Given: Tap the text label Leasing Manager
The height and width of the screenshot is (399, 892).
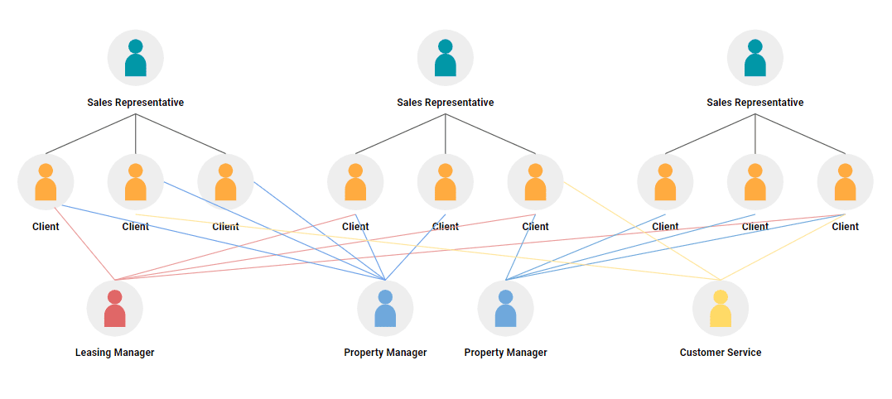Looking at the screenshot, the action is (115, 353).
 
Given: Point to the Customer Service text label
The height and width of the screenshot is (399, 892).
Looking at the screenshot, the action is (721, 353).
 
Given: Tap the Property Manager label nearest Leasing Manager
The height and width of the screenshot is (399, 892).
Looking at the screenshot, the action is (385, 353).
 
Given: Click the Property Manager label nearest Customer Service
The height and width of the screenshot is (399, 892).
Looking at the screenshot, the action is (506, 353).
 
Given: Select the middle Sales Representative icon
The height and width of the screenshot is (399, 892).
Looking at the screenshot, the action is (446, 58).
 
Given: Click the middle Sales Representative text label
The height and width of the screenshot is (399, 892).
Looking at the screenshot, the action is (446, 103).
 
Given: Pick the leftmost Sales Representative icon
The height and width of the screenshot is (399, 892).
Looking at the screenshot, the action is (136, 58).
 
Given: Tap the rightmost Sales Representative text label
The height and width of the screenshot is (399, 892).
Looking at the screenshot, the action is (755, 103).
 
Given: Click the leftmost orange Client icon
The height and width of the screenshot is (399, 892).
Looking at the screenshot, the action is (46, 182).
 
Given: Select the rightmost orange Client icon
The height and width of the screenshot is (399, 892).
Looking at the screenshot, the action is (846, 182).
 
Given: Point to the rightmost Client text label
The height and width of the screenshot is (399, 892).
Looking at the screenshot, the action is (846, 227).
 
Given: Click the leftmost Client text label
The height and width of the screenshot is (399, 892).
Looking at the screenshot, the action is (46, 227).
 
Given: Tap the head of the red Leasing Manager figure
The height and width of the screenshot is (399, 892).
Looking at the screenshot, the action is (115, 296).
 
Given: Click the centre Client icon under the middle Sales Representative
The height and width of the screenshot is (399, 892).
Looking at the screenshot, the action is (446, 182).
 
